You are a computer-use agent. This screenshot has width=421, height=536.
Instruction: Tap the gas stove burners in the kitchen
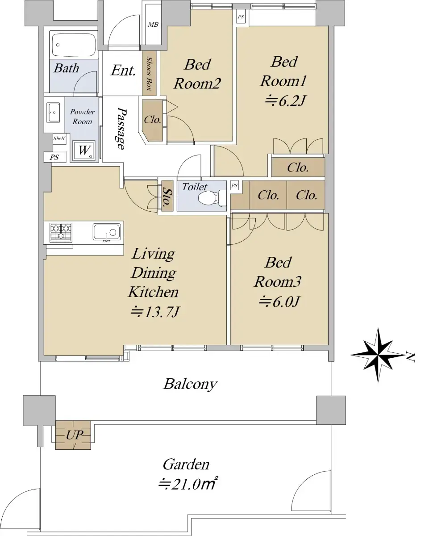click(61, 231)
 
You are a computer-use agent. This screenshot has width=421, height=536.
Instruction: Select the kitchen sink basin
click(107, 232)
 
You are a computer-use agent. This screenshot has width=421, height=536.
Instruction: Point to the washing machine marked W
click(84, 150)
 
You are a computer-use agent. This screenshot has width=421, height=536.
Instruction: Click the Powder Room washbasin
click(54, 113)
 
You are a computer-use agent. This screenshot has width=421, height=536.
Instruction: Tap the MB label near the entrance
click(153, 25)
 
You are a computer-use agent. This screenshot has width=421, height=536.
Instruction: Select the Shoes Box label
click(149, 74)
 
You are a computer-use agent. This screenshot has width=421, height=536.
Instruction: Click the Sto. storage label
click(167, 197)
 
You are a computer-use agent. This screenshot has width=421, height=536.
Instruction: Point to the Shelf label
click(59, 138)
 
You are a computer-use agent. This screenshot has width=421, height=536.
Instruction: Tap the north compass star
click(378, 355)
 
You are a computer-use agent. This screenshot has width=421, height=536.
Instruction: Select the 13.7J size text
click(155, 312)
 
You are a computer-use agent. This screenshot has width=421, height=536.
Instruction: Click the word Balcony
click(190, 384)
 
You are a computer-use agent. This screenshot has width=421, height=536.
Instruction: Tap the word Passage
click(121, 128)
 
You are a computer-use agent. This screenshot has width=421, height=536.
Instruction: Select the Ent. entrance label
click(123, 70)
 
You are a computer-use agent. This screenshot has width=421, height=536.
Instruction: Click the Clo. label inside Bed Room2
click(153, 120)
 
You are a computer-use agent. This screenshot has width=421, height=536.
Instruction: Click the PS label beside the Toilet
click(234, 185)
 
